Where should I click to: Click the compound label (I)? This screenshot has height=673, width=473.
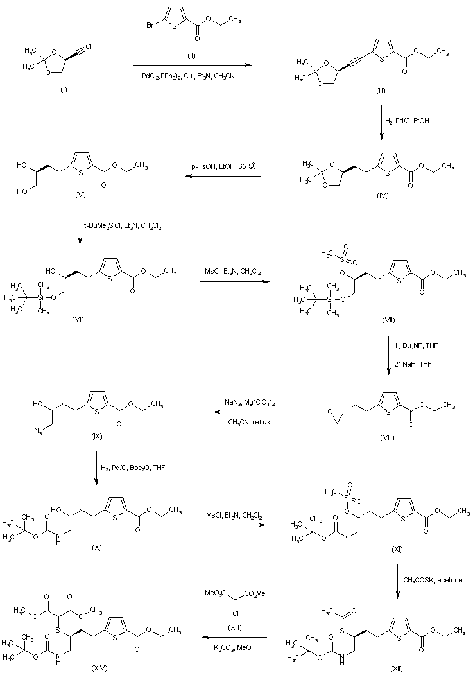[63, 89]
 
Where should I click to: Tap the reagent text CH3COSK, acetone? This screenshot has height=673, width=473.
[433, 580]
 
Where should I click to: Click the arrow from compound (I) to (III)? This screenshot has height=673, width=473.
[191, 65]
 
